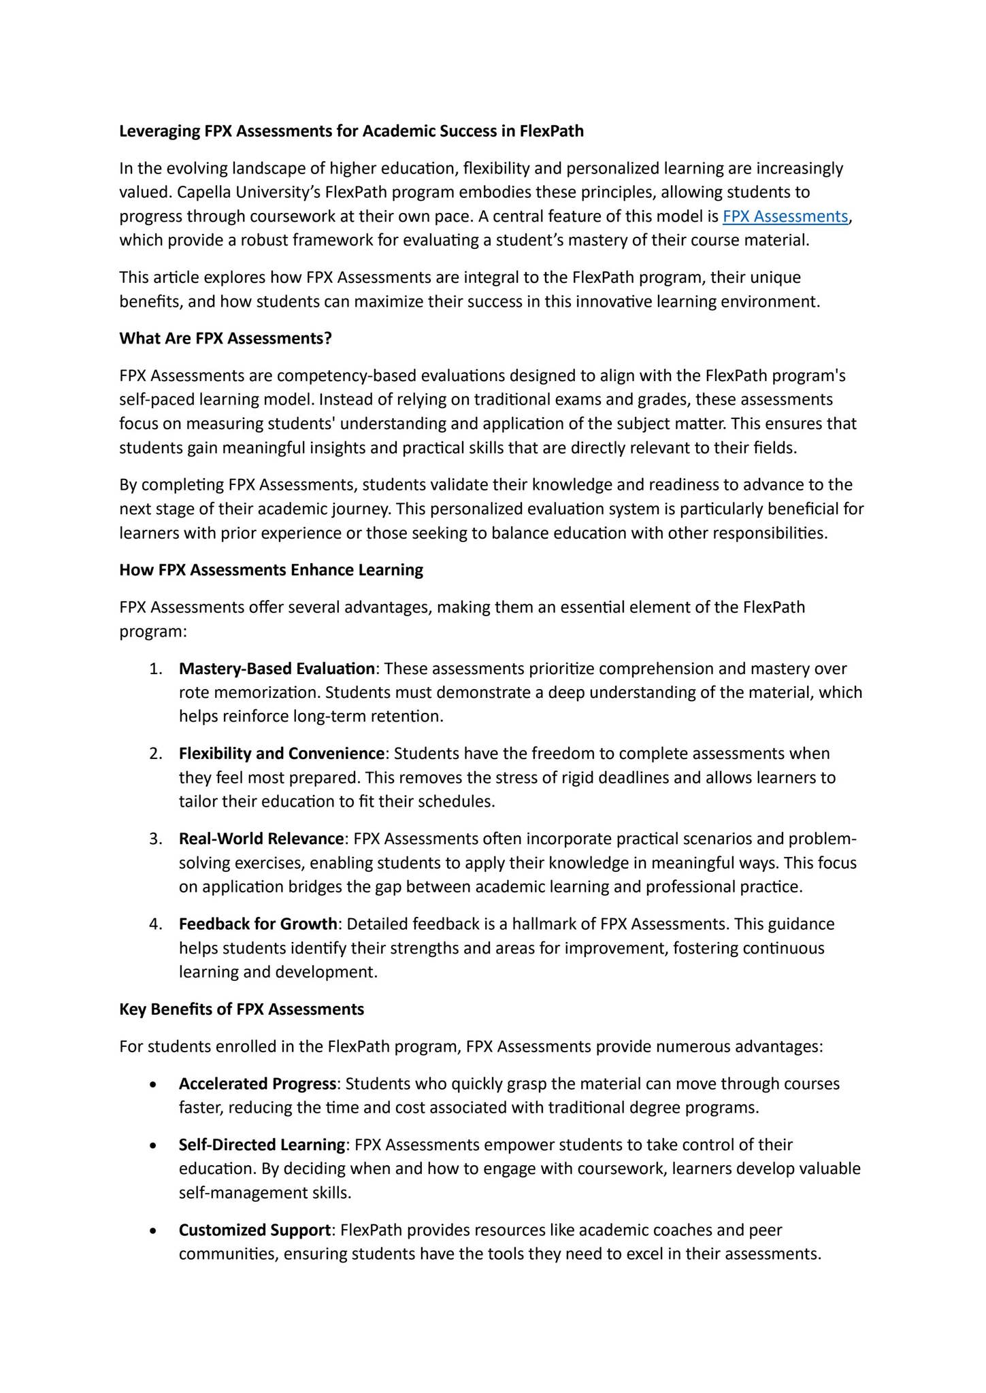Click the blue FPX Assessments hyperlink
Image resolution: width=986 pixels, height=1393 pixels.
click(x=785, y=216)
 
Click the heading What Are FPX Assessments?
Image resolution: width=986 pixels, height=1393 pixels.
click(x=225, y=338)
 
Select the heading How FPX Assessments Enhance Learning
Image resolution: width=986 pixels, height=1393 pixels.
click(x=271, y=569)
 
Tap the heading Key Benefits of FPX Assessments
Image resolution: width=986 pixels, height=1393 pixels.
click(x=242, y=1009)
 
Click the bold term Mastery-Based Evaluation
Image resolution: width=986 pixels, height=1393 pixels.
click(x=276, y=668)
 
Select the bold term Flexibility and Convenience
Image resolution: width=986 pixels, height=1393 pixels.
click(x=282, y=753)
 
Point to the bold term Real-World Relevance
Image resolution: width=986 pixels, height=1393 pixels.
click(x=261, y=838)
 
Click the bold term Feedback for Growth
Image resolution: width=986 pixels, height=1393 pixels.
click(x=258, y=923)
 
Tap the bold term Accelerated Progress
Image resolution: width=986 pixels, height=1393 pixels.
click(x=257, y=1083)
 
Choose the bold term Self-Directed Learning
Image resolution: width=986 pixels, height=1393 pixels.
click(x=262, y=1144)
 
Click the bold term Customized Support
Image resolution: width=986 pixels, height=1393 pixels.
click(x=254, y=1229)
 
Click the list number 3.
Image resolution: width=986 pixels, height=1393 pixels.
click(x=154, y=838)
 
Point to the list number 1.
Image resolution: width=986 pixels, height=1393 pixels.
click(x=154, y=668)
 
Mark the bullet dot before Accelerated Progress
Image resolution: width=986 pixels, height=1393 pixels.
click(x=154, y=1084)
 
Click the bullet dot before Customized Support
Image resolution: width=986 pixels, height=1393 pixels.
click(x=154, y=1230)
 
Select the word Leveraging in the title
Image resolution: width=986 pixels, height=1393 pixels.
click(x=159, y=131)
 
